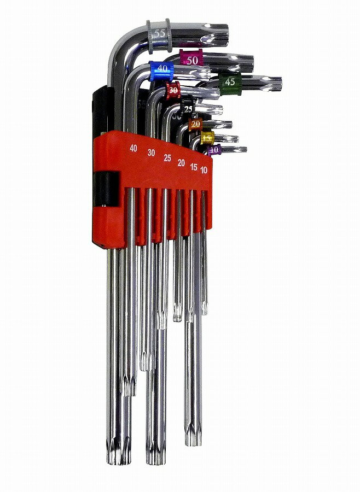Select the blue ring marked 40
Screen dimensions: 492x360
coord(162,69)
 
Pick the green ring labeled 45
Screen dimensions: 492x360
coord(230,81)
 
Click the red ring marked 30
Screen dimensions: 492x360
coord(173,89)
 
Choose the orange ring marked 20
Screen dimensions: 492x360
coord(195,125)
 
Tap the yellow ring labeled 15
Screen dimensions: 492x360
coord(207,138)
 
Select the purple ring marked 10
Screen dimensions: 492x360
coord(214,149)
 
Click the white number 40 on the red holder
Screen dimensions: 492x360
coord(133,148)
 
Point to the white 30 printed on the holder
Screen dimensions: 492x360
coord(151,153)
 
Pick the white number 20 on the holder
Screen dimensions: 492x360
coord(181,162)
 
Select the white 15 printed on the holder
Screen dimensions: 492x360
coord(194,166)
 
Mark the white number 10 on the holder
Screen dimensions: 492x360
coord(205,169)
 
